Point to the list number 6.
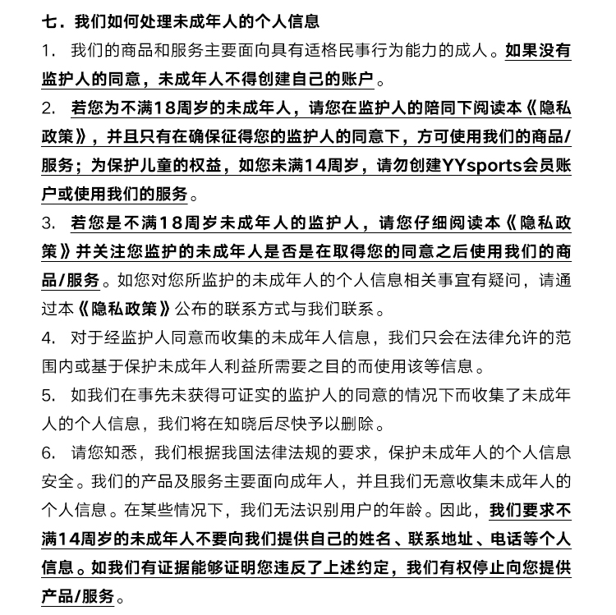coord(48,452)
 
